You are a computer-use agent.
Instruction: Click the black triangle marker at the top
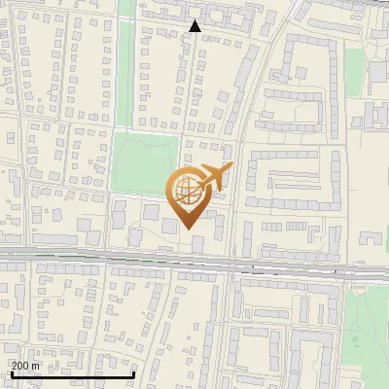pyautogui.click(x=195, y=26)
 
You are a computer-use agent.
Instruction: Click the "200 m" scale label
pyautogui.click(x=25, y=366)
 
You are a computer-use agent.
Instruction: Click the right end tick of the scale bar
pyautogui.click(x=133, y=372)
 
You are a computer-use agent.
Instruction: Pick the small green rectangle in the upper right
pyautogui.click(x=355, y=65)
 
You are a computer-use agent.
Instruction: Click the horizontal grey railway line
pyautogui.click(x=97, y=258)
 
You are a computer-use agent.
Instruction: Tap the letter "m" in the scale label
pyautogui.click(x=36, y=366)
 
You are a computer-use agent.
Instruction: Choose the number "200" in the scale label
pyautogui.click(x=20, y=366)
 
